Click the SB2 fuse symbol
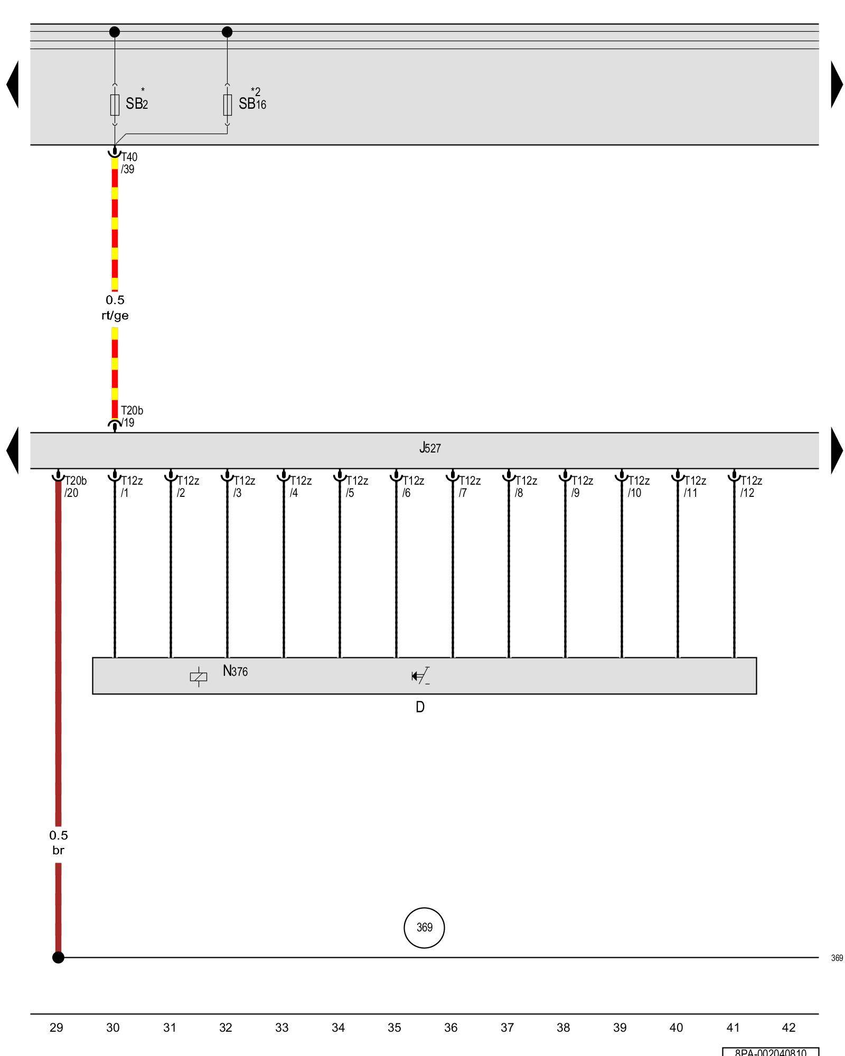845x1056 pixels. coord(115,105)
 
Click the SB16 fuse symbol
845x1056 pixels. coord(227,105)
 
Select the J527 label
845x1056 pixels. coord(430,448)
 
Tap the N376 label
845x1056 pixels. coord(235,671)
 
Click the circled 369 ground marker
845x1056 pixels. coord(424,928)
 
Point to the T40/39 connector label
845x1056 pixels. coord(128,163)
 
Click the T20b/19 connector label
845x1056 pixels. coord(131,417)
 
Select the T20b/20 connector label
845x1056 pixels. coord(75,487)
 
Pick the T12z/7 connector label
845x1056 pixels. coord(469,487)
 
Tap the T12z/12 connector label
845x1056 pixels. coord(750,487)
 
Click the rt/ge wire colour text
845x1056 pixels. coord(115,316)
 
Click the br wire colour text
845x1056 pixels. coord(58,851)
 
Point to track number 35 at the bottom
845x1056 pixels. coord(395,1027)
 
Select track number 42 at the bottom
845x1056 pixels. coord(788,1027)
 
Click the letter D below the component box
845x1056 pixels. coord(420,707)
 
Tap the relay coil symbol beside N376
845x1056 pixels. coord(199,676)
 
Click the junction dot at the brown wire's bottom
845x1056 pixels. coord(58,957)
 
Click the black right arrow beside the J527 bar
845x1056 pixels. coord(837,450)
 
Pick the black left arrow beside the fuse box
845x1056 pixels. coord(13,84)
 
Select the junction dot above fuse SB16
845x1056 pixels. coord(227,32)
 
